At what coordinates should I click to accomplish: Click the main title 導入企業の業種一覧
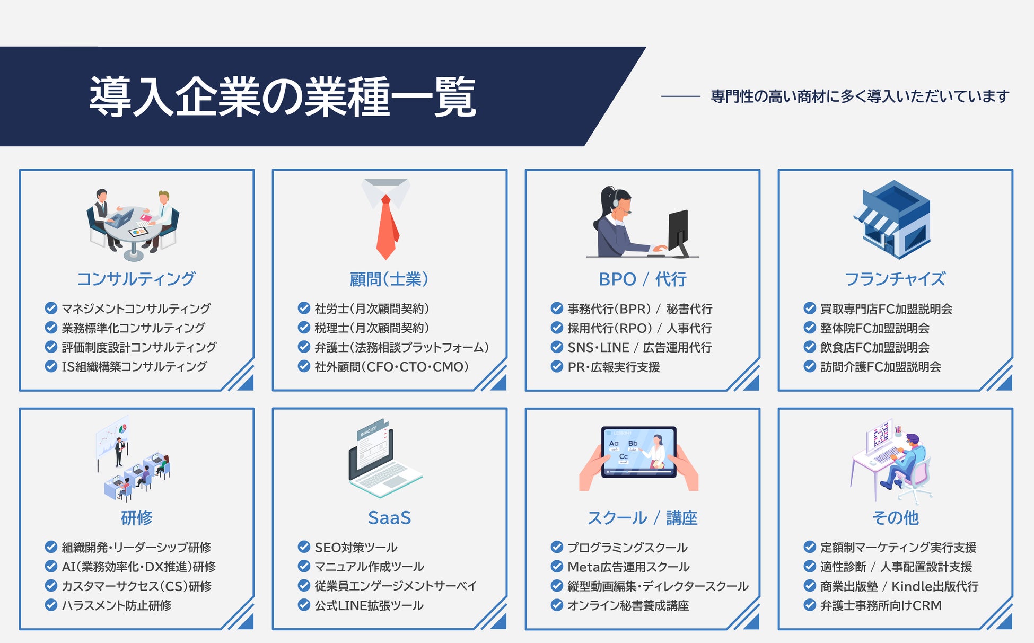tap(283, 96)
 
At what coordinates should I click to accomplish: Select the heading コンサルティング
tap(136, 279)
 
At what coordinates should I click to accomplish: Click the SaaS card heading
tap(389, 518)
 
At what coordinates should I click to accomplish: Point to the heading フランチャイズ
tap(895, 279)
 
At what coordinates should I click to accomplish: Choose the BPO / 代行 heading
tap(642, 279)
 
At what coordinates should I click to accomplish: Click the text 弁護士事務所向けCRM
tap(881, 605)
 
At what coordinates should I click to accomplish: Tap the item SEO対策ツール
tap(356, 547)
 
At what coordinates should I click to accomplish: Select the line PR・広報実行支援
tap(614, 367)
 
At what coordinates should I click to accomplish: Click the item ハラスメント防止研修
tap(117, 605)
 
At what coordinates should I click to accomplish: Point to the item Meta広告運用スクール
tap(628, 567)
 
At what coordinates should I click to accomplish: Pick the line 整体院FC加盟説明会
tap(875, 328)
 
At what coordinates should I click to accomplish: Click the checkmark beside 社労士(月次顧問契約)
tap(304, 308)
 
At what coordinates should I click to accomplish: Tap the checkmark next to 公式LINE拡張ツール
tap(304, 605)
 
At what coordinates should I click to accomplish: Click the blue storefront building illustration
tap(892, 219)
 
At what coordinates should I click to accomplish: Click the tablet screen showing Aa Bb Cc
tap(639, 452)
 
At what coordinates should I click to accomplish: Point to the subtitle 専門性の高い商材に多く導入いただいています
tap(860, 96)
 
